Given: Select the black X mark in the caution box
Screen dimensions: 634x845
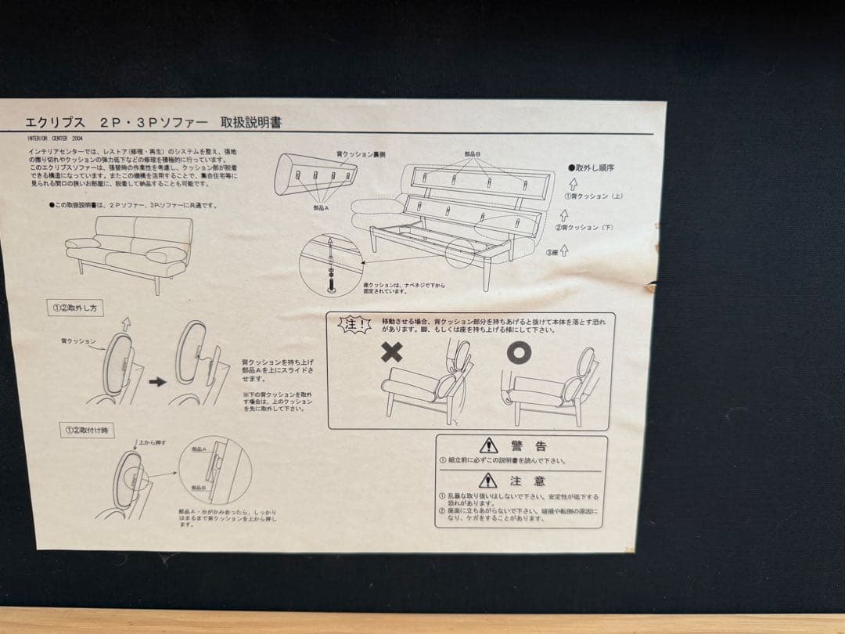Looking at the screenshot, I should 391,352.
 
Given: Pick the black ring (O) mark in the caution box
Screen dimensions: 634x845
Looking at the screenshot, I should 518,353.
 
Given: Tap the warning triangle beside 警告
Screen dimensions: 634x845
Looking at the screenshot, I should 488,445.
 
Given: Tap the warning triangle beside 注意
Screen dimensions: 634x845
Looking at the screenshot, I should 488,480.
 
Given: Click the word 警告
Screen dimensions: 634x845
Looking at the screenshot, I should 529,445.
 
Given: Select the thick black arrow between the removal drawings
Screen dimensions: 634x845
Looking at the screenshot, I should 157,381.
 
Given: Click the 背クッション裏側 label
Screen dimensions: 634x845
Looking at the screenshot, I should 361,155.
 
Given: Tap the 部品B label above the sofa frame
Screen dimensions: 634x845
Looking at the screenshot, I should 473,154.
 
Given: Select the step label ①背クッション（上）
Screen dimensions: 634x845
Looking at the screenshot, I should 595,196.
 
